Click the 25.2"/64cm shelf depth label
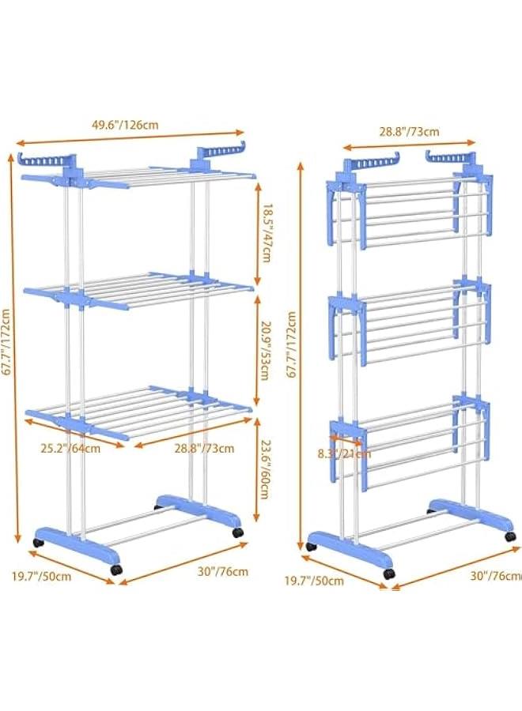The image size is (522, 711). (x=71, y=449)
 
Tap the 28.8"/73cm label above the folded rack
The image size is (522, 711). (x=409, y=132)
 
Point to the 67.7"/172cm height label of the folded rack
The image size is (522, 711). (x=291, y=345)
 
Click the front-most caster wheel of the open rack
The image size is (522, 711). (x=117, y=570)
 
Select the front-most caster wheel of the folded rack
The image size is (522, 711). (x=388, y=574)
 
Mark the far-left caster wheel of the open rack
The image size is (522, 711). (x=38, y=544)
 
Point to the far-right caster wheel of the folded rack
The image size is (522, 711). (x=511, y=536)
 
